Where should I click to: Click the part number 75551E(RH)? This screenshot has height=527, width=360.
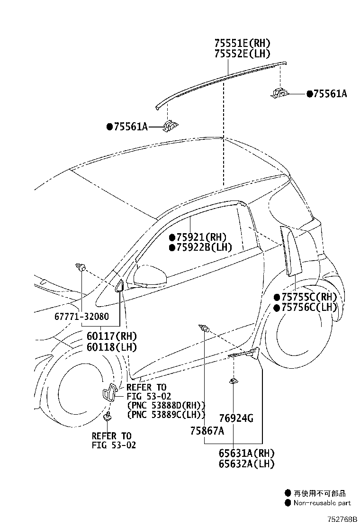243,43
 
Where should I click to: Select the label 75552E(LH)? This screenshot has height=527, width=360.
243,54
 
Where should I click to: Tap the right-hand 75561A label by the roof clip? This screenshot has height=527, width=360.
330,94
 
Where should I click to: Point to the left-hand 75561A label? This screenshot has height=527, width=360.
131,127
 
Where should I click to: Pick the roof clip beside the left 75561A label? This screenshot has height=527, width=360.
171,126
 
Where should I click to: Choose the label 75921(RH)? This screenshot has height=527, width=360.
201,237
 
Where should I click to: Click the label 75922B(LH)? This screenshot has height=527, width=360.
204,247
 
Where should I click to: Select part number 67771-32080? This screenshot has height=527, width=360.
81,316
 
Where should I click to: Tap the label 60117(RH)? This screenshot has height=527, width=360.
112,336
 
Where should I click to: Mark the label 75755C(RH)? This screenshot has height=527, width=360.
309,297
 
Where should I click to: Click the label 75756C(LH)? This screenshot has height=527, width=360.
309,307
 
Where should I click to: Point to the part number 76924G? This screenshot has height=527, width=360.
236,418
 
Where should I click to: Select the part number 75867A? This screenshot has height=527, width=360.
207,430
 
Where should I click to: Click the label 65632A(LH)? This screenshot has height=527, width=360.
246,464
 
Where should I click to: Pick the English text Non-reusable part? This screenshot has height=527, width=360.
322,503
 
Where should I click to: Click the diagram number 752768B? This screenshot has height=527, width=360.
342,519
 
